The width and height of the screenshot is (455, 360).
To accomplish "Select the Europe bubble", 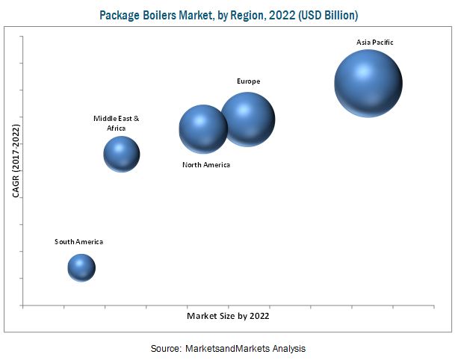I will pyautogui.click(x=248, y=118).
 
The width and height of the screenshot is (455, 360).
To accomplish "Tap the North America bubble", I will pyautogui.click(x=203, y=129).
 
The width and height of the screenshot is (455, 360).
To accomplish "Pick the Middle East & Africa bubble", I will pyautogui.click(x=121, y=155).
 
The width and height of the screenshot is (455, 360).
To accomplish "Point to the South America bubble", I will pyautogui.click(x=81, y=267).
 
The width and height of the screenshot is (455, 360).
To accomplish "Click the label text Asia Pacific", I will pyautogui.click(x=374, y=43).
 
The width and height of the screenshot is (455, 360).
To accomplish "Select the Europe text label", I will pyautogui.click(x=248, y=80).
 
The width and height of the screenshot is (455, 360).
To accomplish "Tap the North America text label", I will pyautogui.click(x=206, y=164).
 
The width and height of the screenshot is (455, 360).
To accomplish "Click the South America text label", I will pyautogui.click(x=78, y=241).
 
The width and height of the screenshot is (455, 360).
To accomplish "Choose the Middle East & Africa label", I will pyautogui.click(x=116, y=123).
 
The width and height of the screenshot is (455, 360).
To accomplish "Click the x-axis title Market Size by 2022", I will pyautogui.click(x=228, y=316).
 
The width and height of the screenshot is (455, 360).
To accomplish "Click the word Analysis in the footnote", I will pyautogui.click(x=288, y=348).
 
